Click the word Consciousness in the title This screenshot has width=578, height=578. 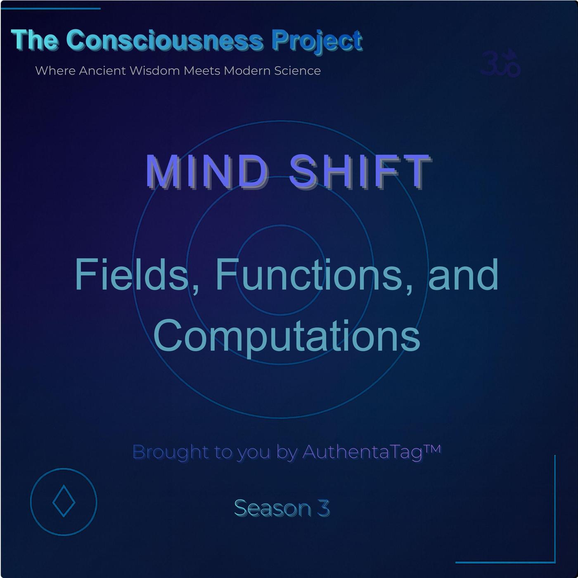(x=164, y=40)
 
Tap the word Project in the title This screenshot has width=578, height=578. (x=317, y=42)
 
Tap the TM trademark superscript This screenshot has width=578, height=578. (x=433, y=449)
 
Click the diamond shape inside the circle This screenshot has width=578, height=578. (x=64, y=501)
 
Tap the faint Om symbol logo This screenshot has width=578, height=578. (x=500, y=63)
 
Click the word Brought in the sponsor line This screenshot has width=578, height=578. (x=171, y=452)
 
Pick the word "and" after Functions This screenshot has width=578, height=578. (x=463, y=275)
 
